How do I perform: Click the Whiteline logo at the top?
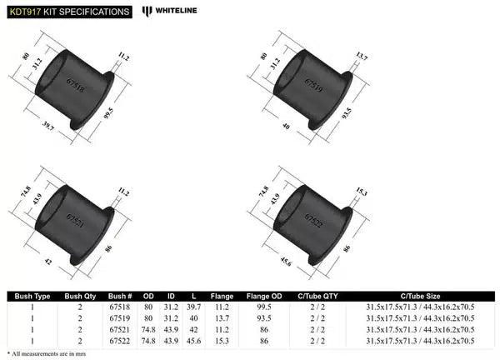pyautogui.click(x=173, y=11)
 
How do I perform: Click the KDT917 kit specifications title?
pyautogui.click(x=67, y=12)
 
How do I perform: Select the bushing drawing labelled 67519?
pyautogui.click(x=315, y=87)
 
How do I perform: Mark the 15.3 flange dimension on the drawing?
pyautogui.click(x=361, y=192)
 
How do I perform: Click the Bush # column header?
pyautogui.click(x=119, y=295)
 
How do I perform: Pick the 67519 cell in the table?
pyautogui.click(x=119, y=317)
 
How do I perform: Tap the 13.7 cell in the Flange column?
pyautogui.click(x=222, y=317)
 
